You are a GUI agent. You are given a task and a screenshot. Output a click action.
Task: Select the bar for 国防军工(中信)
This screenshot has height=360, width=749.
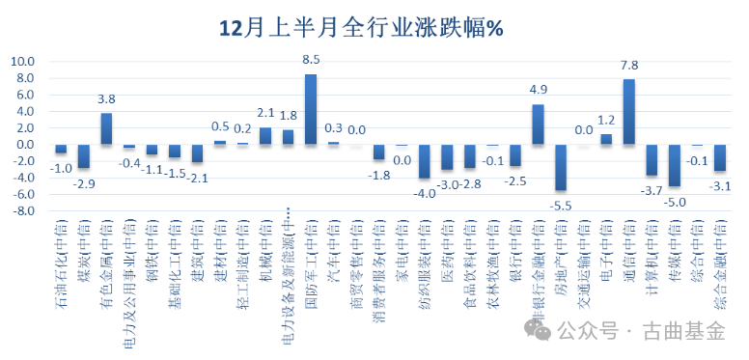[311, 109]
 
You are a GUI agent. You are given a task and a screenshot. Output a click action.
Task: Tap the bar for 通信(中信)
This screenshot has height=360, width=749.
[628, 112]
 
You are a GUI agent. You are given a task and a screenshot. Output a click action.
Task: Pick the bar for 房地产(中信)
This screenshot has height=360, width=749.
[560, 167]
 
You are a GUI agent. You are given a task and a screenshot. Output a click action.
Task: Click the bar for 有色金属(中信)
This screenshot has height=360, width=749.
[106, 129]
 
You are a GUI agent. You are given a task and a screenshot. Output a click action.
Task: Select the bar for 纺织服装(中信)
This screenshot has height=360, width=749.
[424, 161]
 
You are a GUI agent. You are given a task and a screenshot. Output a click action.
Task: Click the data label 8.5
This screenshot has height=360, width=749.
[311, 61]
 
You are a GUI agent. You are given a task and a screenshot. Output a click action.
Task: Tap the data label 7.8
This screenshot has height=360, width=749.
[629, 66]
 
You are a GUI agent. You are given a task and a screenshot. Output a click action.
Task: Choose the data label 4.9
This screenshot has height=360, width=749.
[539, 90]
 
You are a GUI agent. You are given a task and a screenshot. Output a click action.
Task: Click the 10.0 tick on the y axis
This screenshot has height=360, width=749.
[22, 62]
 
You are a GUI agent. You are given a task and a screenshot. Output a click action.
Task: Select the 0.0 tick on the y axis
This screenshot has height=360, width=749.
[24, 146]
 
